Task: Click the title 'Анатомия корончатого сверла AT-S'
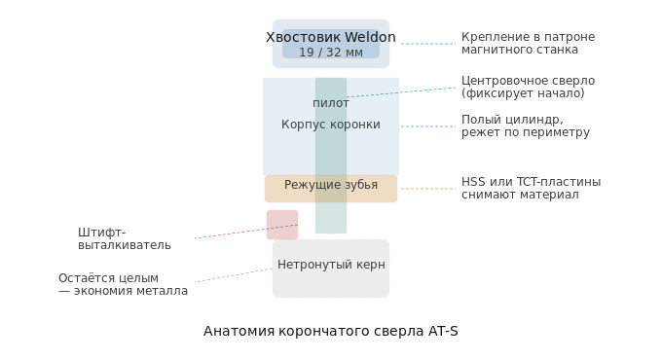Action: [x=330, y=332]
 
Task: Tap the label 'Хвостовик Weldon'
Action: [x=330, y=38]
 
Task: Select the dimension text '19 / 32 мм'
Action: [x=330, y=53]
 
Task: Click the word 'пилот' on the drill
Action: [x=330, y=103]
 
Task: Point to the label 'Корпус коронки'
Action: [x=330, y=125]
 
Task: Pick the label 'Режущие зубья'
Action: [x=330, y=185]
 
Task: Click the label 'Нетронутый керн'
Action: [x=330, y=265]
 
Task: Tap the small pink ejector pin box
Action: [x=281, y=225]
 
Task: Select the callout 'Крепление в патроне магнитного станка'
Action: [x=528, y=44]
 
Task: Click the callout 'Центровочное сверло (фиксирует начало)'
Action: [x=528, y=88]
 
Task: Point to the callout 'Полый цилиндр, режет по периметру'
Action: [x=525, y=126]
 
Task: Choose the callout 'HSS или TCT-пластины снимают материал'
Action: [x=531, y=189]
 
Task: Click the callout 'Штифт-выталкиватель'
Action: [x=124, y=239]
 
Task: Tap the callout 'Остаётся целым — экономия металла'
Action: [x=123, y=285]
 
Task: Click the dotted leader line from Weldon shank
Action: [x=428, y=44]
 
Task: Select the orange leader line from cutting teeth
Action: [x=428, y=189]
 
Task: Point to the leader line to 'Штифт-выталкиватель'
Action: [x=243, y=232]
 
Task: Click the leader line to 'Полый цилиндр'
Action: [x=428, y=126]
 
